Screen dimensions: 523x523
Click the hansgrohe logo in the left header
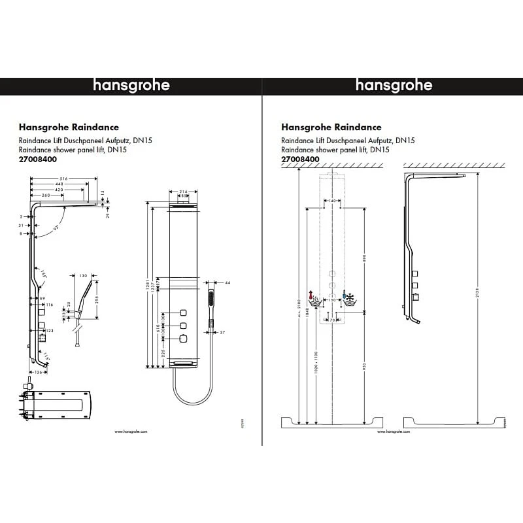pos(131,86)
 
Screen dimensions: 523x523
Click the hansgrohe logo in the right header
pos(394,86)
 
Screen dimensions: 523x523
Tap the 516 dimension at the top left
pos(63,178)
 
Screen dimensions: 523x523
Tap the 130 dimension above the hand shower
pos(83,276)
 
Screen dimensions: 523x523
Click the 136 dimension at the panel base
pos(38,373)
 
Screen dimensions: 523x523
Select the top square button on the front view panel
pos(184,310)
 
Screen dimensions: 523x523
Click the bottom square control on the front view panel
pos(184,339)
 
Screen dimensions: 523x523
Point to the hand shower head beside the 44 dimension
pos(211,299)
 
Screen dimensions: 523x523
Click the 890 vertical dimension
pos(363,258)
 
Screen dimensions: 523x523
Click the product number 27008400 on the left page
pos(37,158)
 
